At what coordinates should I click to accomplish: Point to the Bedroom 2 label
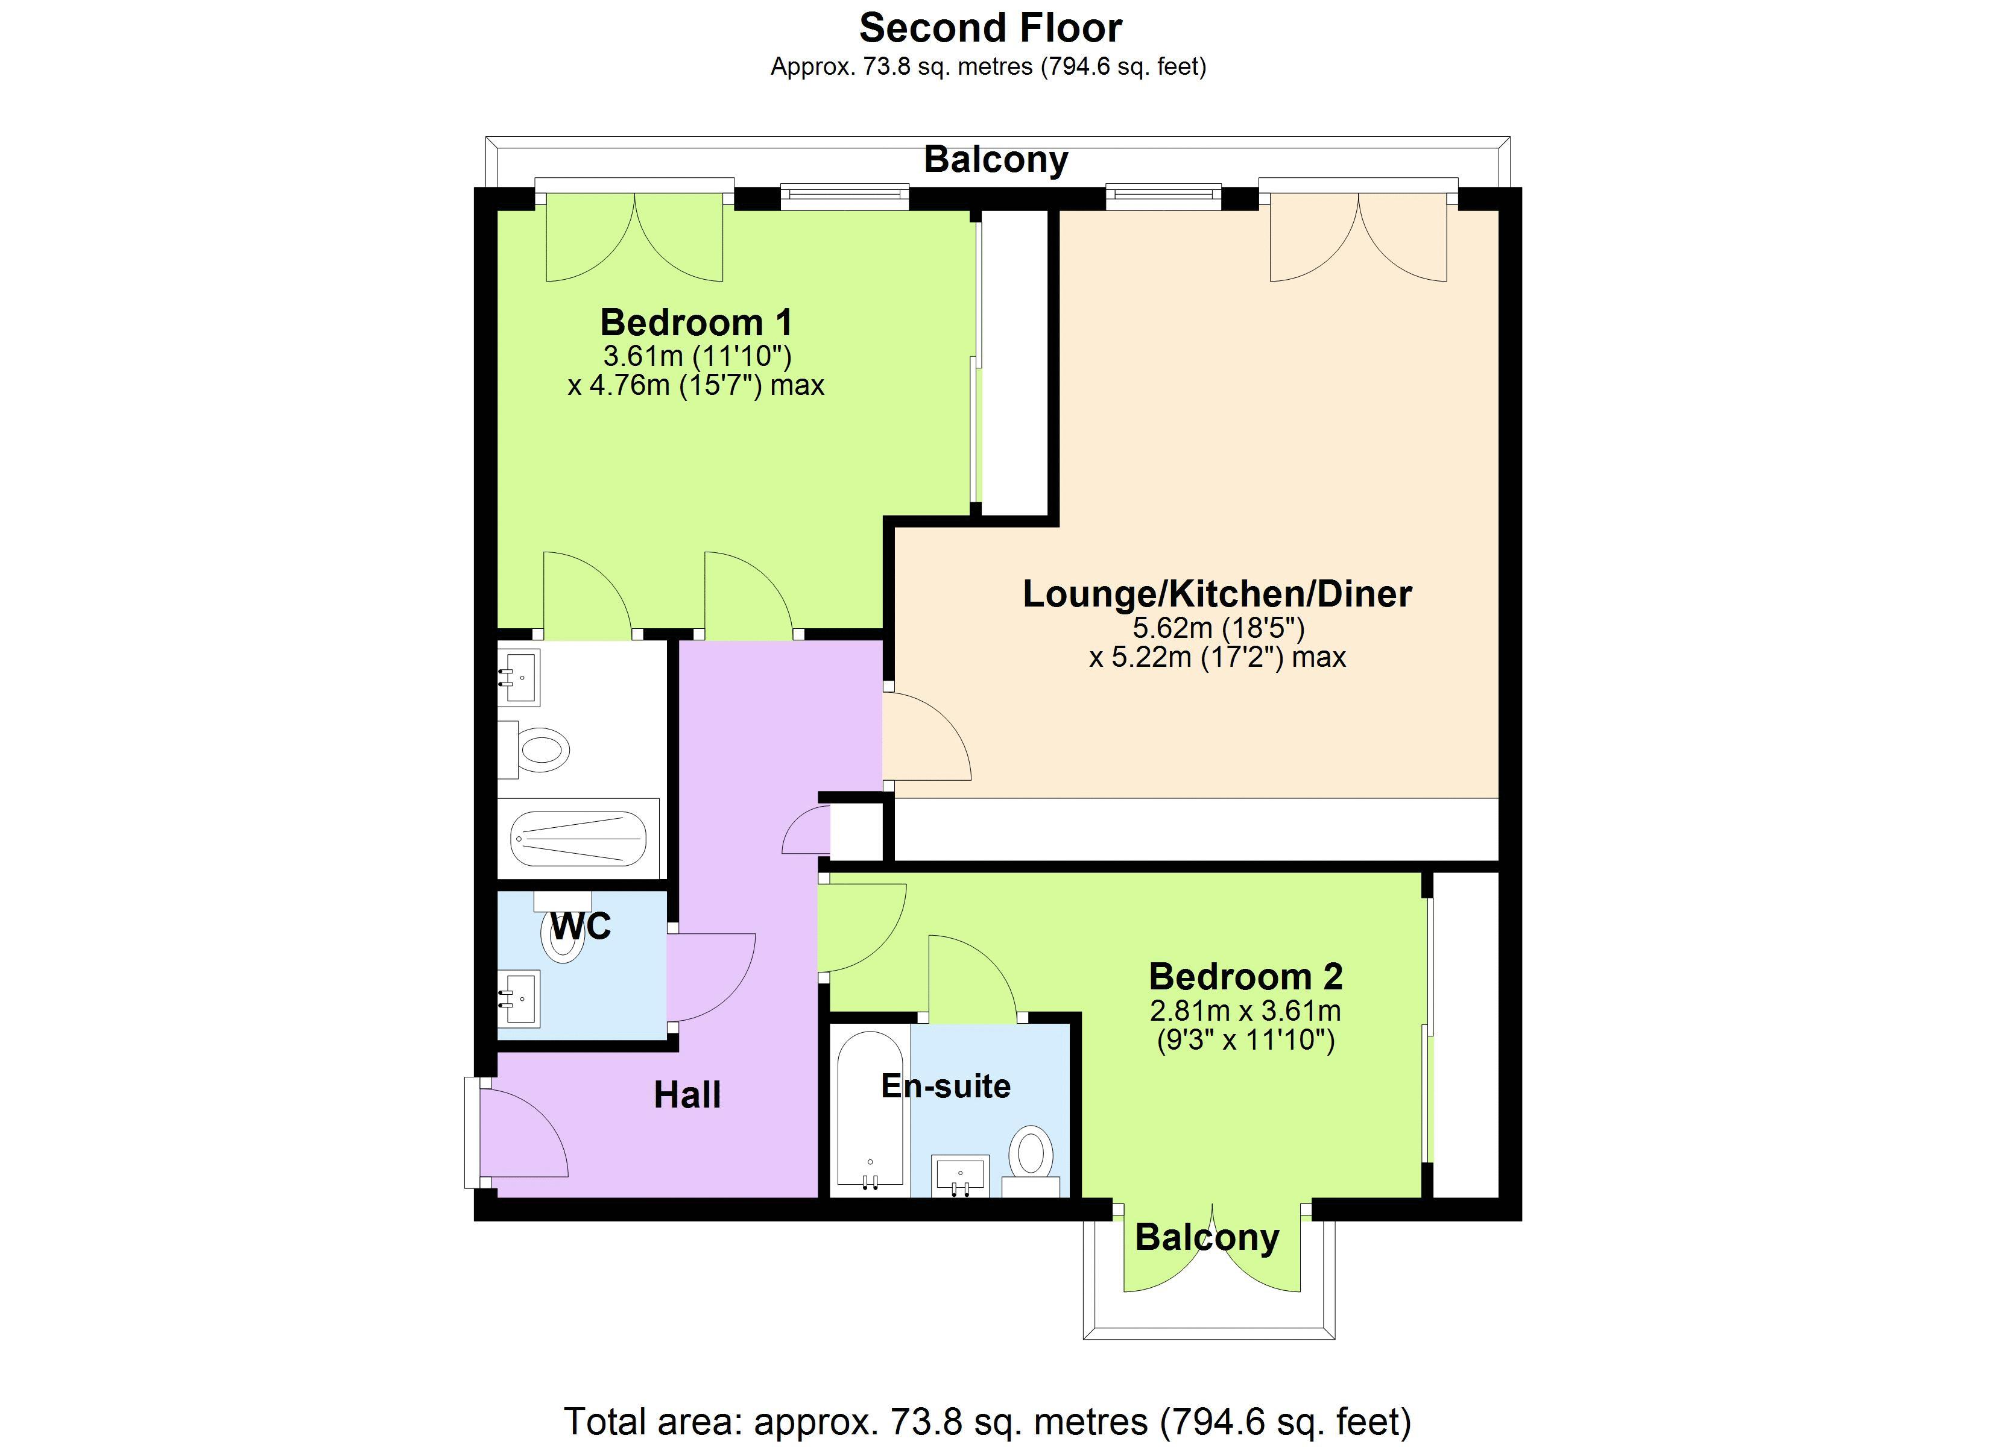1245,977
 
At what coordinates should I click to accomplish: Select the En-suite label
946,1086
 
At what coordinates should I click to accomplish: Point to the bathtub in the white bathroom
578,838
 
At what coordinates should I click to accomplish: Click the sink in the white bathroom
519,678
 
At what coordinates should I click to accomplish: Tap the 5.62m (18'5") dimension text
1219,628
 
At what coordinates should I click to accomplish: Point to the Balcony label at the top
996,160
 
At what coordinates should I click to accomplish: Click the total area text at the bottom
987,1420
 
